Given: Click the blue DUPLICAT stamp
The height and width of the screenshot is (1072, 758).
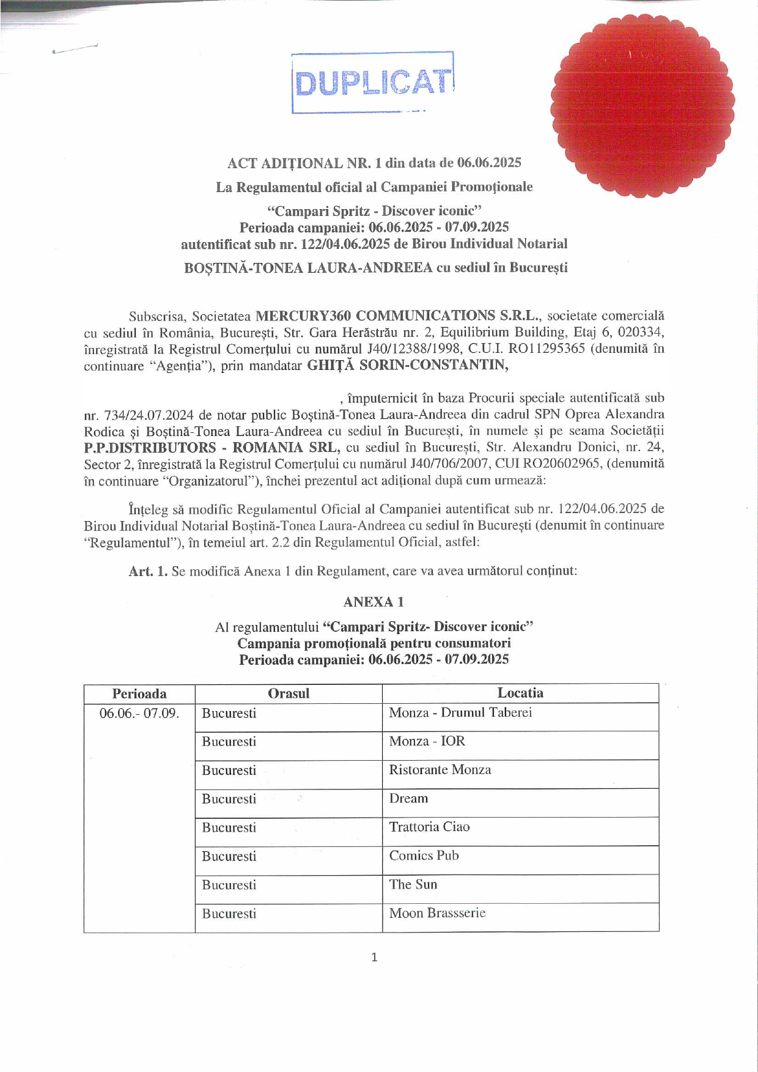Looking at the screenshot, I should click(373, 83).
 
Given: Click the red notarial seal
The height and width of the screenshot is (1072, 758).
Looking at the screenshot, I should click(642, 106).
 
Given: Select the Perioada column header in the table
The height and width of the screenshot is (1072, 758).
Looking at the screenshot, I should click(139, 693).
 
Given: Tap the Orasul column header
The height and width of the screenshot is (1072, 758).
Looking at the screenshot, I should click(289, 693).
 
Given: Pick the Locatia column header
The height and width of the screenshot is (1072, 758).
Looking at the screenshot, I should click(520, 693).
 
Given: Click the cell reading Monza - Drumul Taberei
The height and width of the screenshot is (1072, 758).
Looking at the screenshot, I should click(460, 712).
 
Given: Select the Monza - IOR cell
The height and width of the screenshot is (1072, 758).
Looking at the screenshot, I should click(427, 741).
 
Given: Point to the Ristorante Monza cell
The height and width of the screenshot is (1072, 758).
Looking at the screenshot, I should click(440, 770).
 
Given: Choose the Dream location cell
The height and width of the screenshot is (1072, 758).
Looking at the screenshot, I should click(408, 799).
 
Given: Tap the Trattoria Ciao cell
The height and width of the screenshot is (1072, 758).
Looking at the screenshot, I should click(429, 827).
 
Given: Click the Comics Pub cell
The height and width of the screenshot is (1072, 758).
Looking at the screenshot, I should click(424, 856).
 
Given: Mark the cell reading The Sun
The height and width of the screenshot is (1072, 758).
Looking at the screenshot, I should click(413, 884).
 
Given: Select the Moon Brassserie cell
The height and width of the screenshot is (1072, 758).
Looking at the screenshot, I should click(437, 913).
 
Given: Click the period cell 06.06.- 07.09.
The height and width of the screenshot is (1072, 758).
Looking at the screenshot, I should click(139, 714).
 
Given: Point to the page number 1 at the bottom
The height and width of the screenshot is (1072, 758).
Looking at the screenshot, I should click(374, 958).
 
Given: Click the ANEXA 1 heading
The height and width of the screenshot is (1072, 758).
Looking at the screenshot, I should click(373, 602).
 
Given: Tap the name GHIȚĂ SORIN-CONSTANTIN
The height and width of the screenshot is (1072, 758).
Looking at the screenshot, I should click(407, 365).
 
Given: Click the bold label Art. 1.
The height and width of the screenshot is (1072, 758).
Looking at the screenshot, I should click(148, 571).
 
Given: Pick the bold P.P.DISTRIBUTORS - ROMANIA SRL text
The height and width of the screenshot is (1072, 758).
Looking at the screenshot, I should click(212, 448).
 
